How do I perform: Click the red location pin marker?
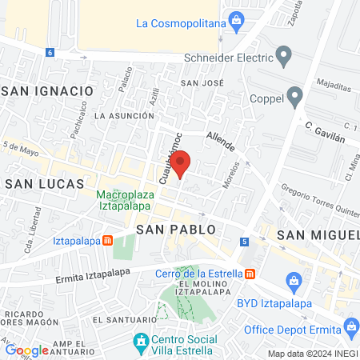point(181,163)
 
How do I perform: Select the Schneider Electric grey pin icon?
point(283,56)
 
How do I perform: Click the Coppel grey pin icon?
point(295,98)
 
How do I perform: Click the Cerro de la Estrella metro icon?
point(250,274)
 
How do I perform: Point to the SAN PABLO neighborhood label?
point(175,230)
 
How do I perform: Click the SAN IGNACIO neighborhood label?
point(48,92)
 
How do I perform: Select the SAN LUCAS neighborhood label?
point(44,184)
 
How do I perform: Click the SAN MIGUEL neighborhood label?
point(318,234)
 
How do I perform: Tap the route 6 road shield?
point(50,53)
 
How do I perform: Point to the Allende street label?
point(220,142)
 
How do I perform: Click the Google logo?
point(26,350)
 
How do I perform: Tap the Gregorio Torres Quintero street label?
point(318,202)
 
